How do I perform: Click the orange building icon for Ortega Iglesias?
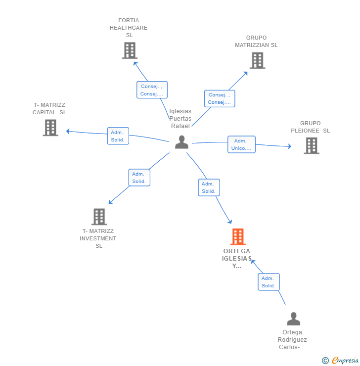click(x=238, y=236)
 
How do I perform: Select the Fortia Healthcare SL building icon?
click(x=130, y=50)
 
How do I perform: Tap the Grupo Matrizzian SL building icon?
click(x=258, y=60)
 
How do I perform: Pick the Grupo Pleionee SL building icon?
click(x=312, y=145)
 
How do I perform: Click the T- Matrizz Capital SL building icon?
click(x=50, y=128)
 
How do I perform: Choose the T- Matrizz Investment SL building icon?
click(x=99, y=217)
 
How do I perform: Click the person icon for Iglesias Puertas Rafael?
click(x=182, y=142)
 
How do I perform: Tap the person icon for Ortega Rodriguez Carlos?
click(x=294, y=319)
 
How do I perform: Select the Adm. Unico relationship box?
click(x=241, y=144)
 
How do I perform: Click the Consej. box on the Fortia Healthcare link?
click(x=152, y=90)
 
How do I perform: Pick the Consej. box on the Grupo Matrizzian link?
click(x=220, y=98)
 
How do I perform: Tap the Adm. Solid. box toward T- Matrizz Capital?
click(x=118, y=136)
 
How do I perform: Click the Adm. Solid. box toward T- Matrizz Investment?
click(x=139, y=178)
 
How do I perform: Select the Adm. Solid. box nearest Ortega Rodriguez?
click(x=269, y=282)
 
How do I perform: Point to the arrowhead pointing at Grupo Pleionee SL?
click(x=290, y=146)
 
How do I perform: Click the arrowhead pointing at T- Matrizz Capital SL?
click(x=68, y=131)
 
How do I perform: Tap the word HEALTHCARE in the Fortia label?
click(x=129, y=28)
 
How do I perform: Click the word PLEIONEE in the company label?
click(x=305, y=131)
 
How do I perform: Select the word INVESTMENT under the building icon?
click(x=98, y=238)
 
